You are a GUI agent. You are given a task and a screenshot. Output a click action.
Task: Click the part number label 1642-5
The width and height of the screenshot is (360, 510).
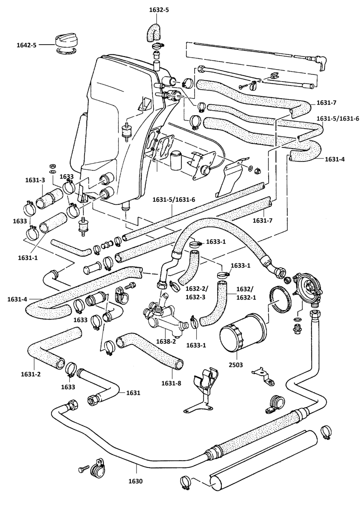pyautogui.click(x=26, y=45)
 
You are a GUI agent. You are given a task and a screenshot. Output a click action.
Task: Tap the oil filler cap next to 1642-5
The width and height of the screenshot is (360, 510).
pyautogui.click(x=64, y=41)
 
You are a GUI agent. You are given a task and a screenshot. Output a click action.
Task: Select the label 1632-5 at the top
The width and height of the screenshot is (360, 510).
pyautogui.click(x=159, y=10)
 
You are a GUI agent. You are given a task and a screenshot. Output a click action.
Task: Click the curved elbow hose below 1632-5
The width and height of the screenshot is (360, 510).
pyautogui.click(x=153, y=32)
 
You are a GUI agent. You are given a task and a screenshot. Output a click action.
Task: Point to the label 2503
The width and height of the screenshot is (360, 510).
pyautogui.click(x=236, y=365)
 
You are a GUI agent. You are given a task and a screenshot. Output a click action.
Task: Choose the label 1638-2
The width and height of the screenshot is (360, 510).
pyautogui.click(x=166, y=348)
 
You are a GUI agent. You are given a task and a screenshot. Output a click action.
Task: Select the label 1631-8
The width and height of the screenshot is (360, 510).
pyautogui.click(x=171, y=383)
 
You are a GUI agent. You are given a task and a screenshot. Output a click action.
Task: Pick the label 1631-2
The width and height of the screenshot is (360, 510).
pyautogui.click(x=31, y=374)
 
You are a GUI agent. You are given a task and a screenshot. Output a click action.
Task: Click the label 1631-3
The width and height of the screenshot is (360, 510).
pyautogui.click(x=35, y=180)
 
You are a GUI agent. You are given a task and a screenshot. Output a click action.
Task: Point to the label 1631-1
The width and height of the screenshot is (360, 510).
pyautogui.click(x=28, y=258)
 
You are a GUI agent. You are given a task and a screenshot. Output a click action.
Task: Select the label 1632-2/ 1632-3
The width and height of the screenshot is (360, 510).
pyautogui.click(x=196, y=293)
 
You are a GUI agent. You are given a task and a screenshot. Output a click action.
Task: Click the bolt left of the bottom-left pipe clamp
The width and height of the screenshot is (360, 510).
pyautogui.click(x=83, y=469)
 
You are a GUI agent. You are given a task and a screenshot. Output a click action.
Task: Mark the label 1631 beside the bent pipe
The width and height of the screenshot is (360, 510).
pyautogui.click(x=133, y=393)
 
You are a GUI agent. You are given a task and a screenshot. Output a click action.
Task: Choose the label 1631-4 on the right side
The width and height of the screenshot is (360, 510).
pyautogui.click(x=335, y=159)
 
